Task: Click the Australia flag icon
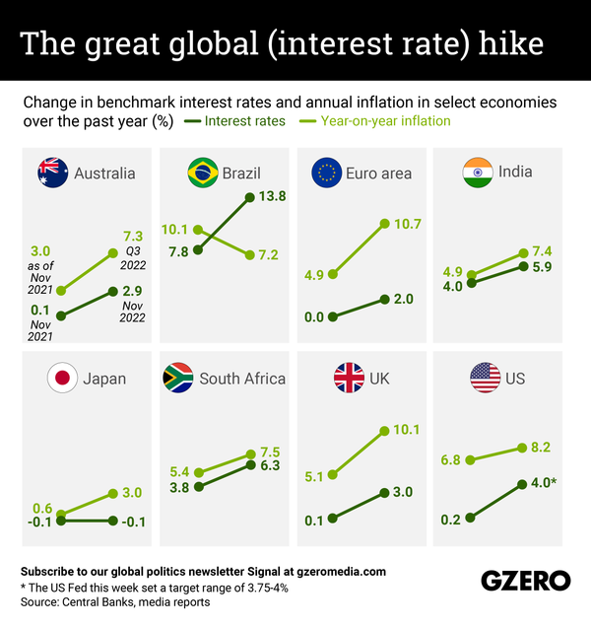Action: pyautogui.click(x=52, y=174)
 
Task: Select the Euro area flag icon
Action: pyautogui.click(x=326, y=174)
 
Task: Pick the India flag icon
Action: pyautogui.click(x=477, y=174)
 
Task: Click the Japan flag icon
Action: pyautogui.click(x=62, y=379)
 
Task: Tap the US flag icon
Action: pyautogui.click(x=486, y=379)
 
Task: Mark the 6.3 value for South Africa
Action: pyautogui.click(x=270, y=464)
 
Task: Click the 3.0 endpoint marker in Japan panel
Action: pyautogui.click(x=113, y=493)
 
